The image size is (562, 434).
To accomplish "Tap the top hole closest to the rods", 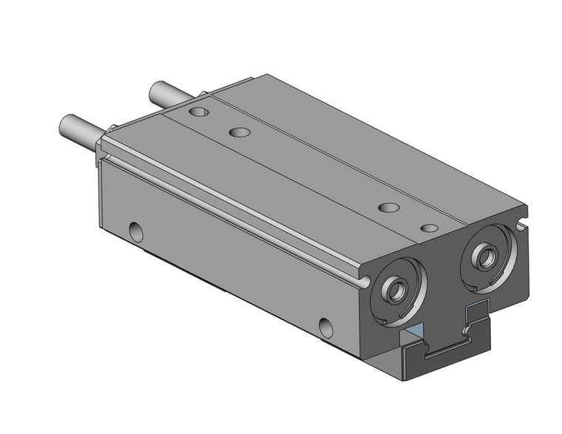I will (199, 112).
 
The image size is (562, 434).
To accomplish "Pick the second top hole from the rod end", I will (239, 132).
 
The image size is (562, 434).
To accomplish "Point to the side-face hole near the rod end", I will (136, 231).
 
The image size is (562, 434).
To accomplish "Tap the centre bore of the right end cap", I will (486, 257).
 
